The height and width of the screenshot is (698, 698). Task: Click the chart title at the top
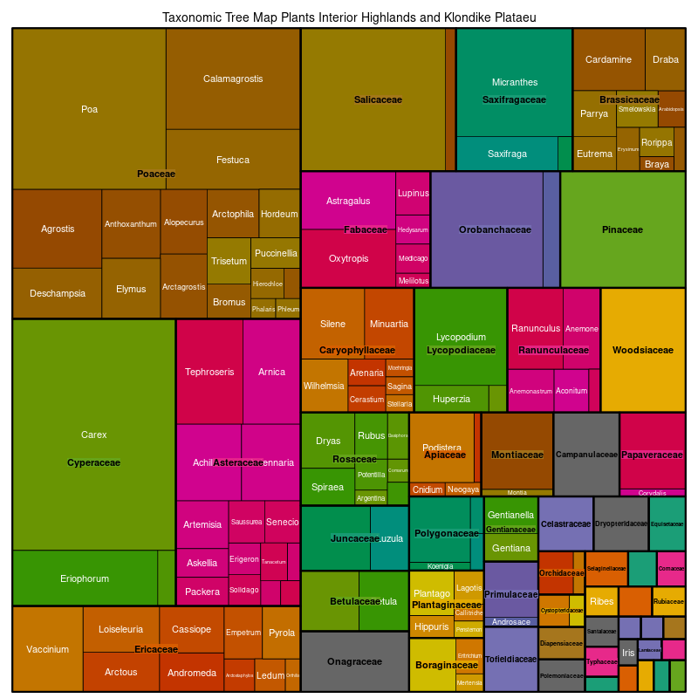point(349,17)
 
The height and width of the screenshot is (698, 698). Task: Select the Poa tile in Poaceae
point(89,109)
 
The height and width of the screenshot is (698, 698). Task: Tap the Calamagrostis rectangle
point(233,79)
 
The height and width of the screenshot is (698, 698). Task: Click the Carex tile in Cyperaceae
point(93,434)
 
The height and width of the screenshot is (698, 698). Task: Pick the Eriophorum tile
point(85,578)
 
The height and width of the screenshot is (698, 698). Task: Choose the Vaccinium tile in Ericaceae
point(47,649)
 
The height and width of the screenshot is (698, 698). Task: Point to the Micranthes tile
point(515,82)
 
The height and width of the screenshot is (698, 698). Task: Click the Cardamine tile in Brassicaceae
point(608,59)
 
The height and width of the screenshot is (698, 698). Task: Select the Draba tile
point(665,59)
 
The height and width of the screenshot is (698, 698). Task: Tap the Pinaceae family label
point(622,230)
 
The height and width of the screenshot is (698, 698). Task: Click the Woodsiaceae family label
point(643,351)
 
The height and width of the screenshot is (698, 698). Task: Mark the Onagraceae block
point(354,662)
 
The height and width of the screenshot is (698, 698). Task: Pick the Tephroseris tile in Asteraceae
point(209,372)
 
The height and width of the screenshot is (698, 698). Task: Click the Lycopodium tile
point(461,337)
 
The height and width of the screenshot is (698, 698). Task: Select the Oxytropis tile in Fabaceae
point(348,258)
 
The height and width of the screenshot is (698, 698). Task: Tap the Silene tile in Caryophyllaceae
point(332,324)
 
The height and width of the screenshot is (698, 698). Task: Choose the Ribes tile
point(601,601)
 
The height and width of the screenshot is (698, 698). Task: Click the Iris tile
point(628,653)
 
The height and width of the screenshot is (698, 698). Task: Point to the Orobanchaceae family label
point(495,230)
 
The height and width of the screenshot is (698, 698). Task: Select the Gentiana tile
point(510,548)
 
